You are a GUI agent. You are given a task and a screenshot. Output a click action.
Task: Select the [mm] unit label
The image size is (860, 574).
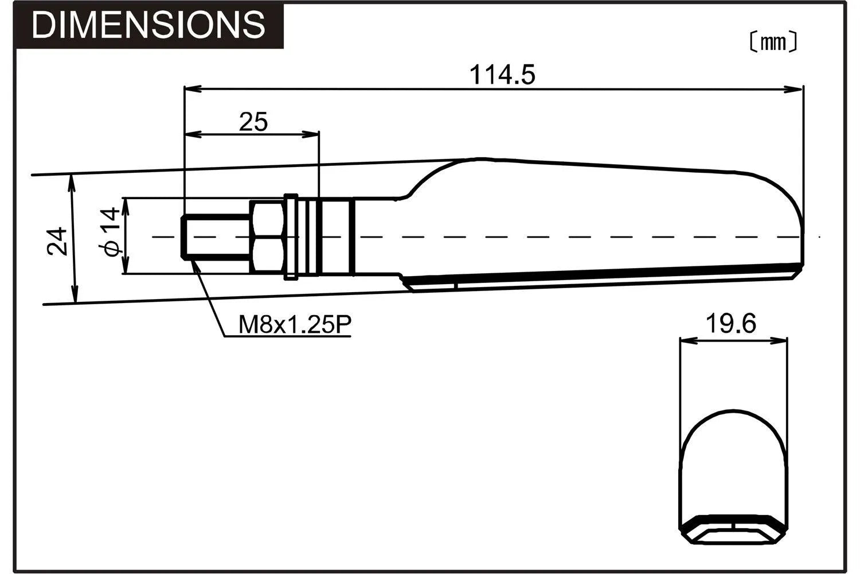pos(774,42)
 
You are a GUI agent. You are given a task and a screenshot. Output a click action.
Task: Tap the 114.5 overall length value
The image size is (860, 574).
pos(502,75)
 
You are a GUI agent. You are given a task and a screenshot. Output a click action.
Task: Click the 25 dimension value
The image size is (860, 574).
pos(253,122)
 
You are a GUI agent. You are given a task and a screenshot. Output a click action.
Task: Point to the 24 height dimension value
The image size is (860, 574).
pos(58,241)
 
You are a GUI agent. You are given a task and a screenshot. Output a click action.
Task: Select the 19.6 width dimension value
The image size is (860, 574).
pos(730,324)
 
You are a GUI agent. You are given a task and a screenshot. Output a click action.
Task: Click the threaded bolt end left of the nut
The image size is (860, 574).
pos(215,236)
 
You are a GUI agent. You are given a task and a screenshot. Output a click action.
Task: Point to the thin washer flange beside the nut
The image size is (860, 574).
pos(291,236)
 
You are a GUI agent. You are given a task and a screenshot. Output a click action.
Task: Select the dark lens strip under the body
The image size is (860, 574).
pos(602,276)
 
